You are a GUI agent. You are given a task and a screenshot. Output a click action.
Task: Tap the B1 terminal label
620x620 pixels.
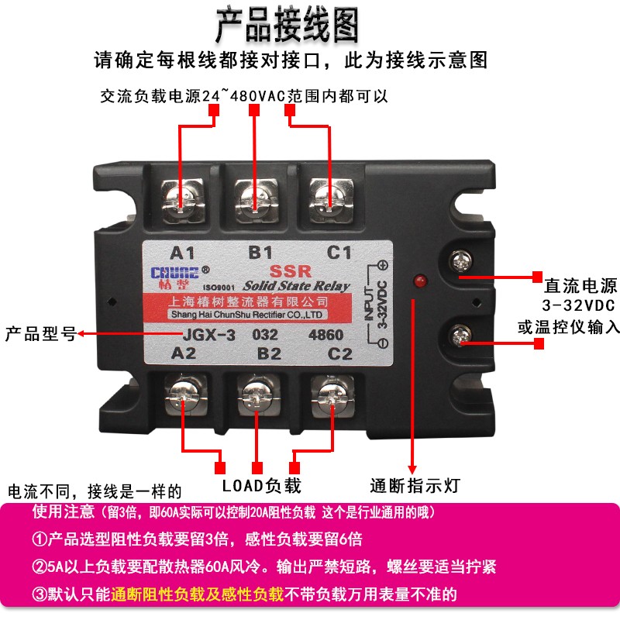260,253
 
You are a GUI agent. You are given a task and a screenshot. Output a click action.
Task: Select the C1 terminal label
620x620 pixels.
339,253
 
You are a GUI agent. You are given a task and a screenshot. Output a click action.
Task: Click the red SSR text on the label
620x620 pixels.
294,271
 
